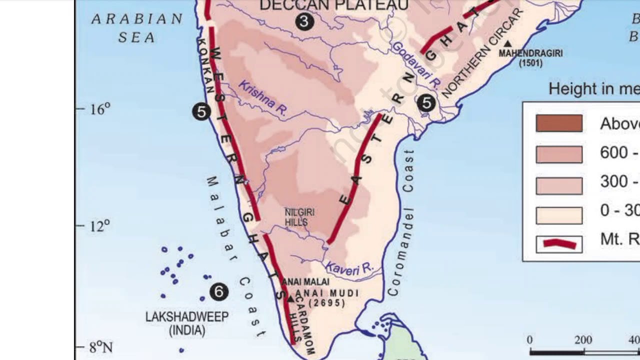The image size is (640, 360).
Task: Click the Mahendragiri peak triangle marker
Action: [x=507, y=44]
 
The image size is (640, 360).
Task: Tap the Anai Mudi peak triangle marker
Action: [x=290, y=299]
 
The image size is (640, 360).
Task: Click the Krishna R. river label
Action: [x=262, y=98]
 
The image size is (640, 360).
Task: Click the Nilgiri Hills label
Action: [x=299, y=217]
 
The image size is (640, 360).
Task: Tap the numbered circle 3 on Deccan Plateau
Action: [x=304, y=21]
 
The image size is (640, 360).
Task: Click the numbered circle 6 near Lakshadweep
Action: [x=219, y=291]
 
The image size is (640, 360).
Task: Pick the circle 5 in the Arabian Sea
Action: [x=201, y=111]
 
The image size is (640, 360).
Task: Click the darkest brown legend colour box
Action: [x=559, y=123]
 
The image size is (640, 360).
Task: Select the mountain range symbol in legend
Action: [x=559, y=244]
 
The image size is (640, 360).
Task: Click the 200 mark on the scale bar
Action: [x=583, y=340]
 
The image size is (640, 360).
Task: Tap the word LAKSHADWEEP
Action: [x=186, y=316]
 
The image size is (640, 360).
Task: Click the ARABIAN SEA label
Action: [x=137, y=27]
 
